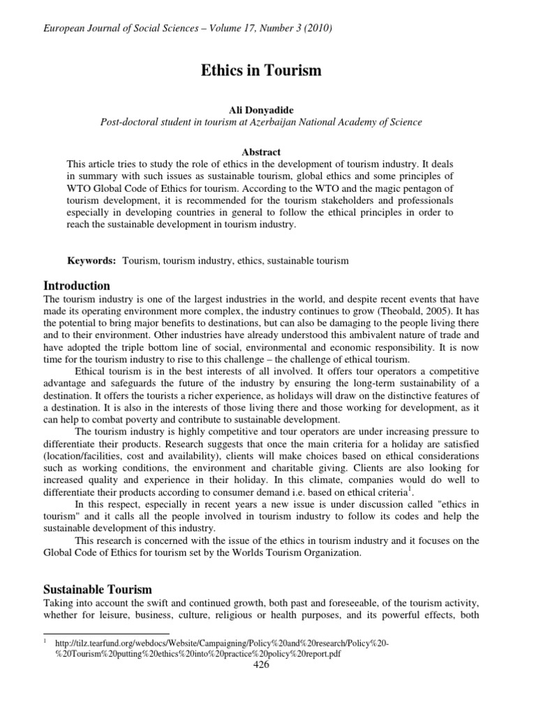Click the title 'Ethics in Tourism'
pos(262,70)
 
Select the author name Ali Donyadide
pos(261,109)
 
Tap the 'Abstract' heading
pos(261,152)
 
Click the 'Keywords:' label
pos(91,260)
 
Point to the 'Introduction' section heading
pos(77,286)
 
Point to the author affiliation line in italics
pos(261,122)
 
